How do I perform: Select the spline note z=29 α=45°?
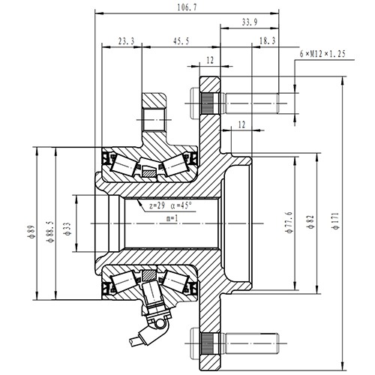point(171,204)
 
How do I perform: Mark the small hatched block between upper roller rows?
point(151,174)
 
